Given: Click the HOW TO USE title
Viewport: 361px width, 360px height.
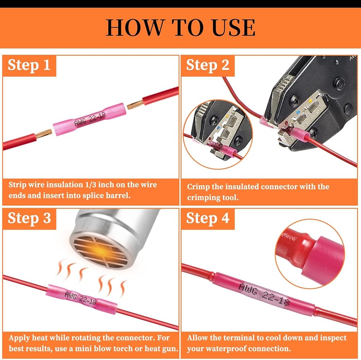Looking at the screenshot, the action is coord(180,28).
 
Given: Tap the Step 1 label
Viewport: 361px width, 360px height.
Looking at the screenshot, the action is coord(29,65).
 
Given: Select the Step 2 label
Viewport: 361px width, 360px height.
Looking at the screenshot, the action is coord(208,65).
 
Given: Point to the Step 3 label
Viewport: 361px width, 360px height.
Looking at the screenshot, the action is coord(29,218).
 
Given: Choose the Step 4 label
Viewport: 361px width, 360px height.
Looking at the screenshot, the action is coord(208,218).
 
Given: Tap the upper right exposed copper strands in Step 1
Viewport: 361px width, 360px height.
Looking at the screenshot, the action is coord(135,105).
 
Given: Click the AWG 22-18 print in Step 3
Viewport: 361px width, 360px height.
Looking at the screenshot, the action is coord(81,299).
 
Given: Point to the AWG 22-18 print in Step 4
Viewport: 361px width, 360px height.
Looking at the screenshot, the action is coord(264,294).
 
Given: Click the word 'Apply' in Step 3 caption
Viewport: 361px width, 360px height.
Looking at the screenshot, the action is coord(19,338).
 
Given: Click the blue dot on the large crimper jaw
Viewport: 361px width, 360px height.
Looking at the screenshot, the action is coord(299,112).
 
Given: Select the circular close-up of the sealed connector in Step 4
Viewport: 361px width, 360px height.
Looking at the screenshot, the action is coord(310,254).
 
